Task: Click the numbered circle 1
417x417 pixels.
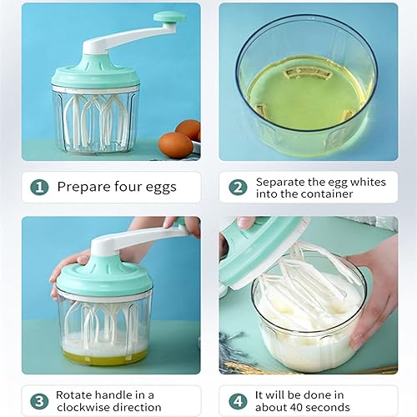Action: point(39,187)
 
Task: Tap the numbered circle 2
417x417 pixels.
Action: point(238,187)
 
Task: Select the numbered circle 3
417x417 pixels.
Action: point(39,401)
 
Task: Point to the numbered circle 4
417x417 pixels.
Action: point(238,401)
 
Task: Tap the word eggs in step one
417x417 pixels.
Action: point(161,188)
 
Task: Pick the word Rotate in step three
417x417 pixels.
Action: point(73,394)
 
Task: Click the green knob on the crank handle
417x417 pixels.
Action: point(169,18)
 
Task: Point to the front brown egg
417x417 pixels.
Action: point(175,145)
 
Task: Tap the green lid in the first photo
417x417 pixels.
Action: point(95,73)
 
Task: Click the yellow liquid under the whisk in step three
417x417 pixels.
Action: point(105,356)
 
